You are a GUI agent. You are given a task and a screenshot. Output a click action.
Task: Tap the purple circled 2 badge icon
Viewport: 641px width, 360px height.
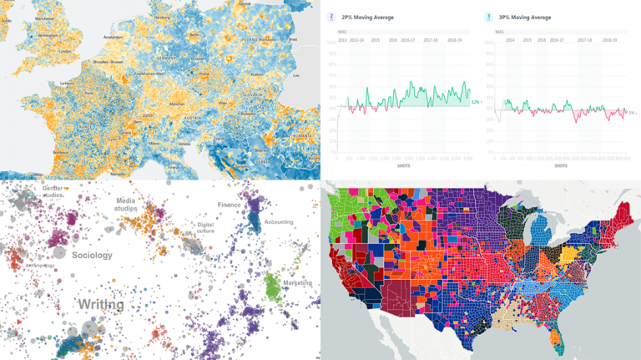[332, 16]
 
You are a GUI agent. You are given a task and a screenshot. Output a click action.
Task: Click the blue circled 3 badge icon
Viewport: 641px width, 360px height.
[488, 16]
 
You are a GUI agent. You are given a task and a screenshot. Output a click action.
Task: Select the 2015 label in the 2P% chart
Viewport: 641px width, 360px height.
[376, 39]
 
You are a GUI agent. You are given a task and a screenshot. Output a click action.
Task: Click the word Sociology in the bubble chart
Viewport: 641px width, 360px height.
[92, 255]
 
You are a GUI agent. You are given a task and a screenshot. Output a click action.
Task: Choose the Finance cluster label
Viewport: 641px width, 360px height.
[230, 203]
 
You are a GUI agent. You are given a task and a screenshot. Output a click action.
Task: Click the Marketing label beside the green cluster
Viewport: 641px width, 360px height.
[297, 283]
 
